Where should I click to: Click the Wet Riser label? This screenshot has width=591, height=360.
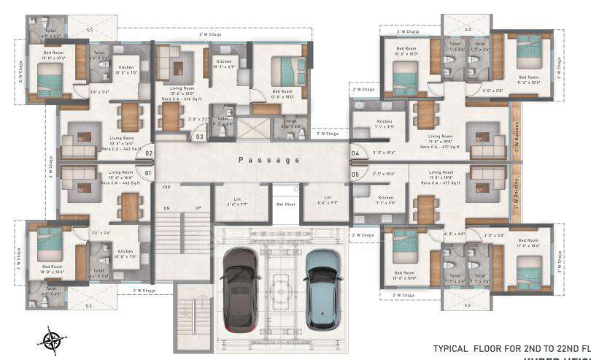click(x=285, y=204)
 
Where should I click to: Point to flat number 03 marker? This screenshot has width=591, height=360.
click(x=199, y=136)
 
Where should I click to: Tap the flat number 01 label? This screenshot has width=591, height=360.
click(x=148, y=173)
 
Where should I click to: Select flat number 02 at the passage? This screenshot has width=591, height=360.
click(x=148, y=153)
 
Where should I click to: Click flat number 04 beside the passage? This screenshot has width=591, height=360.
click(x=355, y=153)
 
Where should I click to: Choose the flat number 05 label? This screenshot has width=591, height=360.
click(x=355, y=175)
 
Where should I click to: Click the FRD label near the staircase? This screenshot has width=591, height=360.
click(x=166, y=188)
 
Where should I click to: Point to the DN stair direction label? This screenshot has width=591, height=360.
click(x=166, y=208)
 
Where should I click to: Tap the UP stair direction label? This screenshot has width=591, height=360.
click(x=197, y=208)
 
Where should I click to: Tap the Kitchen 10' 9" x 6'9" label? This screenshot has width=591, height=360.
click(x=224, y=64)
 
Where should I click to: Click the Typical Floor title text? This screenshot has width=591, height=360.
click(x=511, y=348)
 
